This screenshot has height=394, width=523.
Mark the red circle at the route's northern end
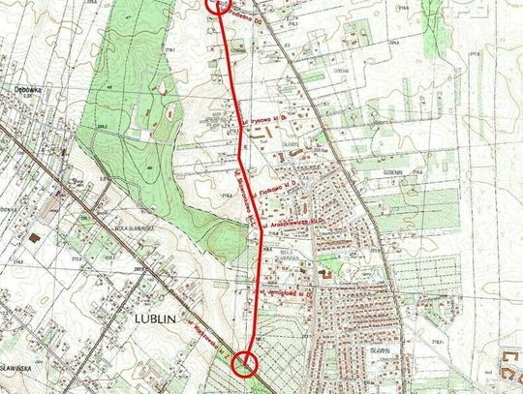pos(218,4)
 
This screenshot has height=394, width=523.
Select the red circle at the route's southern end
pos(245,364)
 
